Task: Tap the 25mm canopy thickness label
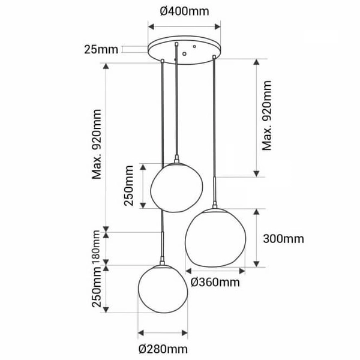coord(101,49)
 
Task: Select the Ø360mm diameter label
coord(215,281)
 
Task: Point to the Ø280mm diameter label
coord(163,349)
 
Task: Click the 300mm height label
coord(283,239)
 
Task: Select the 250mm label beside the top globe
coord(129,187)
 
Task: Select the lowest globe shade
coord(163,295)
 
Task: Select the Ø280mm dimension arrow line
coord(163,333)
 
